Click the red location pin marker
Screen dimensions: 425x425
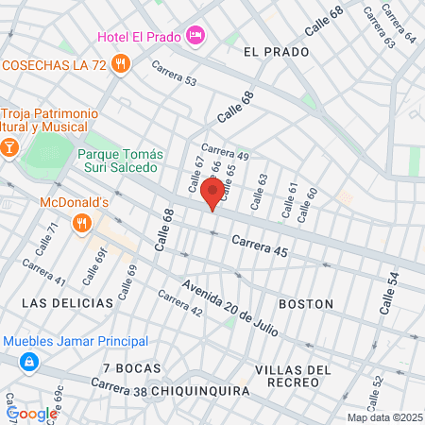click(x=212, y=194)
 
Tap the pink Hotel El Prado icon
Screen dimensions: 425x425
click(x=195, y=36)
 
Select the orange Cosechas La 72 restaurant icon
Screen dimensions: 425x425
click(x=120, y=64)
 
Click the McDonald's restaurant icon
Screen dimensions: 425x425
click(x=83, y=223)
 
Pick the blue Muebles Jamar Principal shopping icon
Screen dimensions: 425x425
click(x=30, y=361)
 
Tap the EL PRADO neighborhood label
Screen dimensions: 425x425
click(x=276, y=50)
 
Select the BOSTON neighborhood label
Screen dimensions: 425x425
click(x=306, y=304)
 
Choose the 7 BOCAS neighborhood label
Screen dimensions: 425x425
click(x=132, y=367)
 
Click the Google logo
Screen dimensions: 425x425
click(x=32, y=414)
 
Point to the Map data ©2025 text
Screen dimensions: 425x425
click(x=385, y=417)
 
